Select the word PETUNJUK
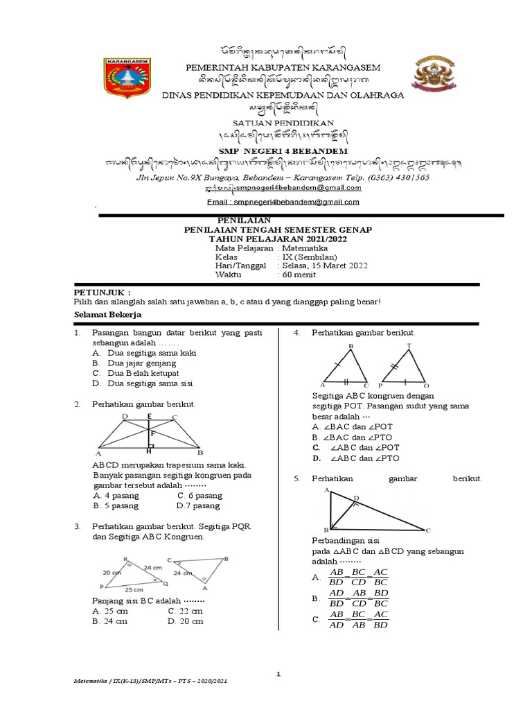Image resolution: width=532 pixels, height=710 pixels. [x=102, y=293]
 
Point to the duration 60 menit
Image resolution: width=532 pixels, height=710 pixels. [x=299, y=275]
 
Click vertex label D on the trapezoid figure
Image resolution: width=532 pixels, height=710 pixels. [x=124, y=416]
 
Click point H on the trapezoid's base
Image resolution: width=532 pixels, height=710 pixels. [x=149, y=451]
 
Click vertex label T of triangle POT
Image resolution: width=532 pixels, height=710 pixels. [x=409, y=345]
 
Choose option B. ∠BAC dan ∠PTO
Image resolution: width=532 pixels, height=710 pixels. [x=355, y=438]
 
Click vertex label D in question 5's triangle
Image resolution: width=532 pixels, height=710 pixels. [x=357, y=498]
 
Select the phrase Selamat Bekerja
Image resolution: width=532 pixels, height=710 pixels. [x=107, y=314]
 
